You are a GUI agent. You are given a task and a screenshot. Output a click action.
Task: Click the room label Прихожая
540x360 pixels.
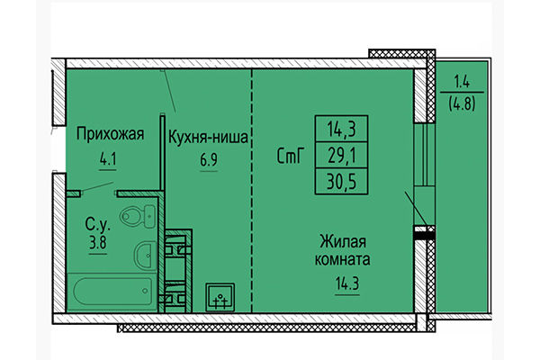pos(111,136)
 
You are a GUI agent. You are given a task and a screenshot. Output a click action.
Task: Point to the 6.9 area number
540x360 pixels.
pos(208,164)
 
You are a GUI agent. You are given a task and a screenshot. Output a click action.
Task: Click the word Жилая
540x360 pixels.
pos(344,240)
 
